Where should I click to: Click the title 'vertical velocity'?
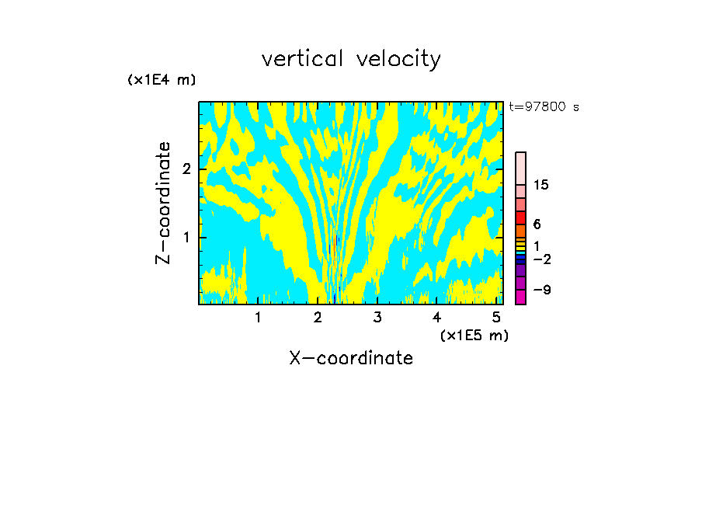click(351, 59)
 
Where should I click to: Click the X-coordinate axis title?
click(351, 358)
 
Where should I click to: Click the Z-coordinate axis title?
click(163, 203)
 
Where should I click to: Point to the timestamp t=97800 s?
click(544, 107)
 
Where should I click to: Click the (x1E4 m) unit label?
click(162, 80)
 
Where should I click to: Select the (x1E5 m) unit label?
click(474, 335)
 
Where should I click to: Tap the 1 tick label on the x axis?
click(258, 317)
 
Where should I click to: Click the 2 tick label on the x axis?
click(318, 317)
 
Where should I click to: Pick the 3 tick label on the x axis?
click(377, 317)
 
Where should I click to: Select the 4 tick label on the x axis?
click(436, 317)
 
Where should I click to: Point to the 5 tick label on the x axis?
click(496, 317)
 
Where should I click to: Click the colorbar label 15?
click(541, 185)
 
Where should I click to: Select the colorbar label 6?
click(537, 224)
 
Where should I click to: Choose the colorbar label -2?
click(541, 259)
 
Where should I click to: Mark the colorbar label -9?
click(541, 290)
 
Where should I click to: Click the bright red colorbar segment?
click(520, 217)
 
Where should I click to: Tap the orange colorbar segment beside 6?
click(520, 231)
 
